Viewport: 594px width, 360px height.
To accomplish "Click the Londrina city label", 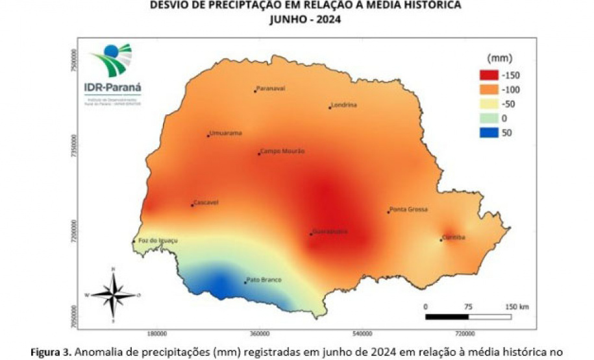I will [x=345, y=104].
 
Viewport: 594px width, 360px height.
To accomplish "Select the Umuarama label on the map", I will [x=225, y=133].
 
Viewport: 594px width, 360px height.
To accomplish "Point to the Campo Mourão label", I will [x=282, y=151].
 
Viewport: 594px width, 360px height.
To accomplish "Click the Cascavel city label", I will [x=206, y=202].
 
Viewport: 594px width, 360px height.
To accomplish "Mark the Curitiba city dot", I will [x=441, y=241].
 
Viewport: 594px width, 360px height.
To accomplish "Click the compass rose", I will [x=114, y=294].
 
